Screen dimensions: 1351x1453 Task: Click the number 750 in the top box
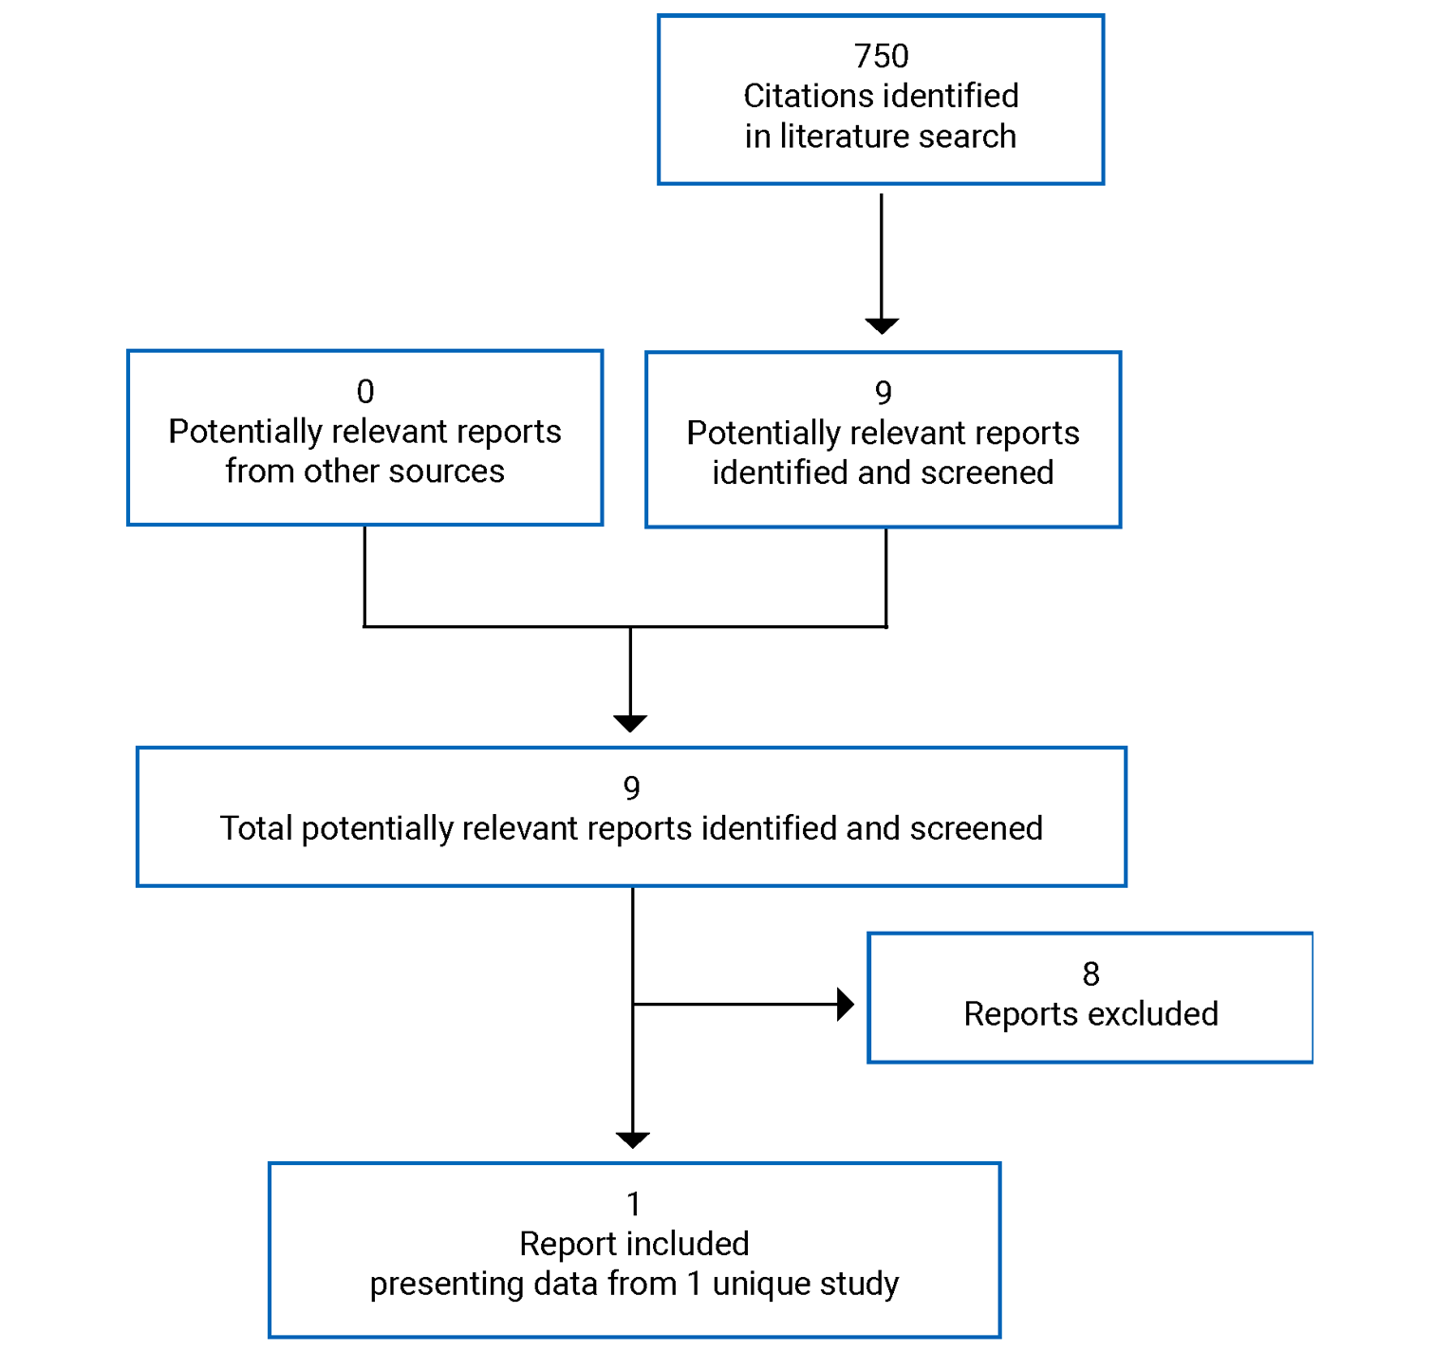[x=881, y=57]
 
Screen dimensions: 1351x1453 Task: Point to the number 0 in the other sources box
[x=365, y=392]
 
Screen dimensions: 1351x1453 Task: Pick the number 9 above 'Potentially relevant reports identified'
[x=883, y=393]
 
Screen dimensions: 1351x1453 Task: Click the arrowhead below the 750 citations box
[x=882, y=325]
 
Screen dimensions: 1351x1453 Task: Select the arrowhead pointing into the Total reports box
[x=630, y=723]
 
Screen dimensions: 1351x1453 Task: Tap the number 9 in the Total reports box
[x=631, y=788]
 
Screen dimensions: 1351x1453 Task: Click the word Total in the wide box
[x=255, y=829]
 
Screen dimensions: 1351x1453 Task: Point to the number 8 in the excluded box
[x=1090, y=974]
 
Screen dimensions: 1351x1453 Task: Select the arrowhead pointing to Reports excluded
[x=845, y=1004]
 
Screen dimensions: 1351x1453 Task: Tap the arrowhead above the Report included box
[x=632, y=1139]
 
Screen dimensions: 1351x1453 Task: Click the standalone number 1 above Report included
[x=634, y=1205]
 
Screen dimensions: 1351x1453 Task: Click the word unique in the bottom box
[x=756, y=1284]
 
